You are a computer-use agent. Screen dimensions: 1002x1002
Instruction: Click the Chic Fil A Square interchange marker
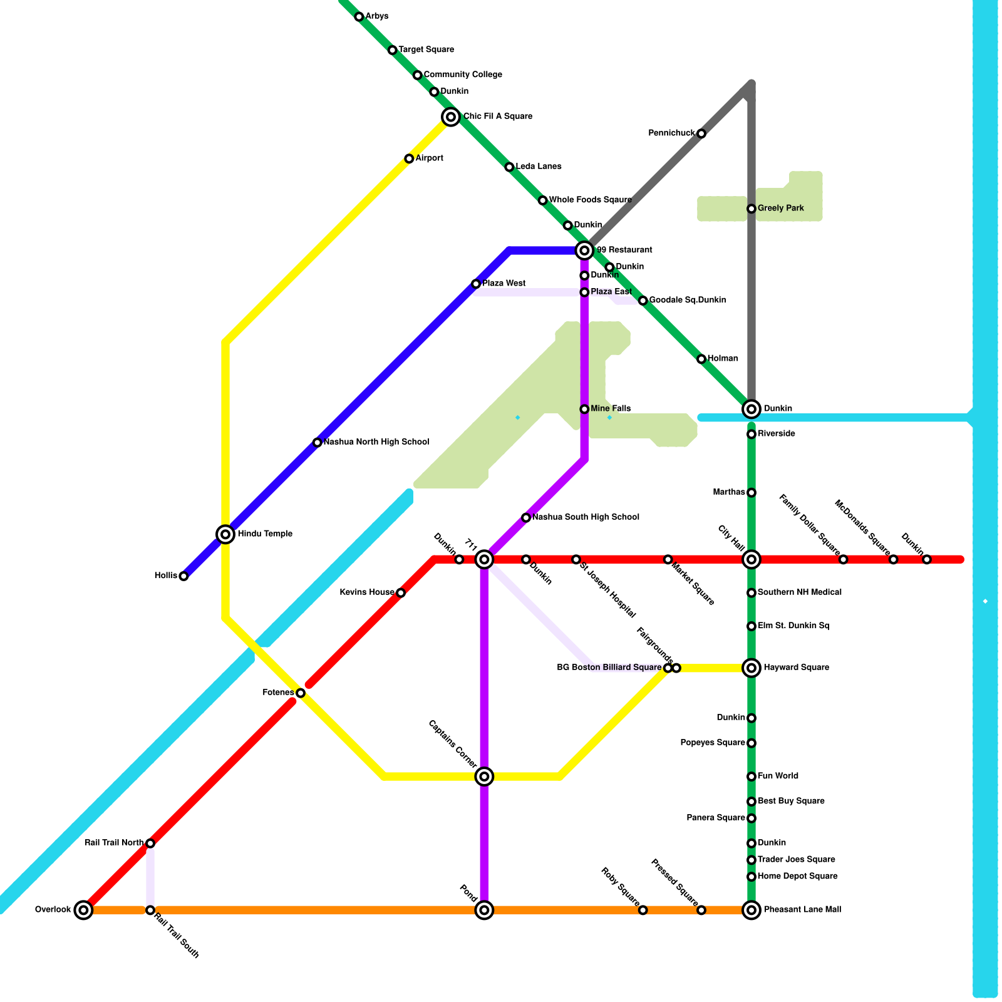451,116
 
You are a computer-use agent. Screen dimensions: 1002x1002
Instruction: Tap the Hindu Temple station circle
225,534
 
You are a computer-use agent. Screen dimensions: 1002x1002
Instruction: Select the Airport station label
430,158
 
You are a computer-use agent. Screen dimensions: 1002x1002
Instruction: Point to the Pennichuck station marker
701,133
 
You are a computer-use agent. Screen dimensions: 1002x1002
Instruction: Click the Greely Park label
780,209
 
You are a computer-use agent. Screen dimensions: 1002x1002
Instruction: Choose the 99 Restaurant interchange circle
584,250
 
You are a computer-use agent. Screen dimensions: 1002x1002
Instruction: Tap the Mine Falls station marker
584,409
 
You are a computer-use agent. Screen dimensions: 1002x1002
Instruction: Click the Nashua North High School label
376,442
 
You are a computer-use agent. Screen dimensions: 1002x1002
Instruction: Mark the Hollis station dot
183,576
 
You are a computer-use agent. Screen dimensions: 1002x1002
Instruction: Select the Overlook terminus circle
83,910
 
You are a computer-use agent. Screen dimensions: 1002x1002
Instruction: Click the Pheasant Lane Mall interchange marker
751,910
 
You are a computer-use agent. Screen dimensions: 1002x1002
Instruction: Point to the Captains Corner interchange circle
484,777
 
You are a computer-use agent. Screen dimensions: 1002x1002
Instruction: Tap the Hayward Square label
796,668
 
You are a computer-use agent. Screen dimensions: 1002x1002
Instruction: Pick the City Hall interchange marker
751,559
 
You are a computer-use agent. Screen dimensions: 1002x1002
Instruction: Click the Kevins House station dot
401,592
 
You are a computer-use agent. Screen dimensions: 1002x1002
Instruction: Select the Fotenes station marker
301,693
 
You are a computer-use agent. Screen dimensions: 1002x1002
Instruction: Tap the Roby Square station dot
643,910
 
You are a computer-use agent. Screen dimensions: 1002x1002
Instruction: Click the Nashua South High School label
586,517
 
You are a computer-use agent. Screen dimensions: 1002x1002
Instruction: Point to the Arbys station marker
359,17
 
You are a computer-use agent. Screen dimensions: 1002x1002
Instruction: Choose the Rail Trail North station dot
150,843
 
